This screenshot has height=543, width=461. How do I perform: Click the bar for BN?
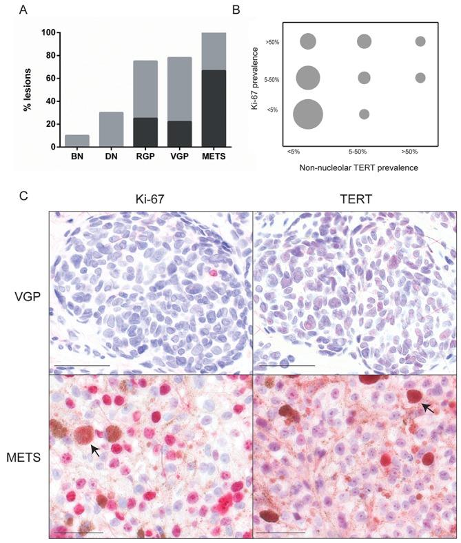[x=76, y=141]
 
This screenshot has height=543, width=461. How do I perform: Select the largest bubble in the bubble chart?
[x=307, y=114]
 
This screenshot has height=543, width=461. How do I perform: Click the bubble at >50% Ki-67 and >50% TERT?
[x=420, y=41]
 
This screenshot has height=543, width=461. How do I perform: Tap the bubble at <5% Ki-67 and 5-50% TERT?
[x=364, y=114]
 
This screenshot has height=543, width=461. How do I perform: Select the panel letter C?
[x=24, y=196]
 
